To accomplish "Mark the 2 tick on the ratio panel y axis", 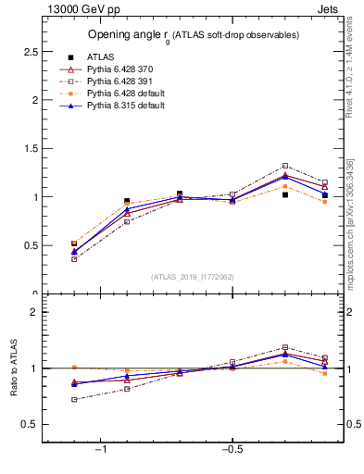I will [33, 312].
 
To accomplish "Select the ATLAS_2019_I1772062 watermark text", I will [193, 276].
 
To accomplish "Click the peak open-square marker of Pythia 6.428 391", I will [285, 166].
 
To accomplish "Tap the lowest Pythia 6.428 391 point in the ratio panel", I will [74, 400].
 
